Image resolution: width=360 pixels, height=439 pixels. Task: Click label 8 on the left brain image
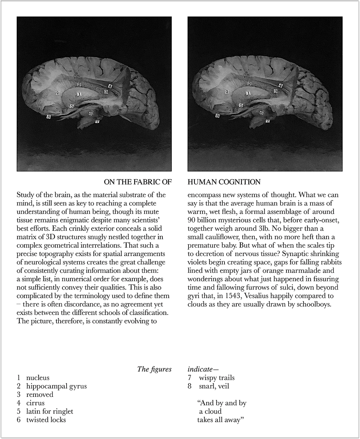[x=49, y=117]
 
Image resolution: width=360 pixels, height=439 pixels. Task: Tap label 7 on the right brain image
[x=268, y=121]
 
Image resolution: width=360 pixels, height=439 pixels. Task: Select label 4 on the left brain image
[x=110, y=86]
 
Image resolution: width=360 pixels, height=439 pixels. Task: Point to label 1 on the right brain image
[x=248, y=93]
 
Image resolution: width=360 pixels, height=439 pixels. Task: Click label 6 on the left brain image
[x=90, y=113]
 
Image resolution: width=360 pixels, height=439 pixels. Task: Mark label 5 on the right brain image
[x=241, y=105]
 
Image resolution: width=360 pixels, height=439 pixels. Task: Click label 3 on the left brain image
[x=106, y=91]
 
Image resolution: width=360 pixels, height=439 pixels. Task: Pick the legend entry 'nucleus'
[x=38, y=378]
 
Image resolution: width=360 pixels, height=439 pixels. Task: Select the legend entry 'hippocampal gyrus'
[x=56, y=386]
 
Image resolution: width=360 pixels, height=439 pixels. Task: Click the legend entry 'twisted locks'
[x=46, y=420]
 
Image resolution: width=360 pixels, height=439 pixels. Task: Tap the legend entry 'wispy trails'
[x=217, y=378]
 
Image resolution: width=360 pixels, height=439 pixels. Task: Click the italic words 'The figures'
[x=154, y=369]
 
